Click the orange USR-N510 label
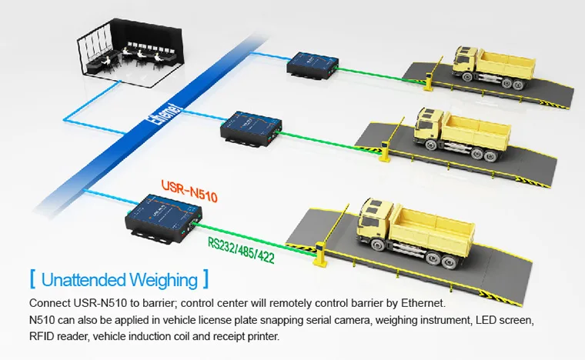pos(189,192)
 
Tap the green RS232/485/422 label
pos(241,250)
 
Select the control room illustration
pos(130,52)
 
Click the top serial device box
pos(313,65)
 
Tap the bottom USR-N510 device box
pos(163,218)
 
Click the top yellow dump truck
pos(493,67)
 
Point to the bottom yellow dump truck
pos(415,233)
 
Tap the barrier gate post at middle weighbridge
pos(385,152)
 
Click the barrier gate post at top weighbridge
pos(429,82)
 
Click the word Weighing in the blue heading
pos(163,280)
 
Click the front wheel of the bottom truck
pos(378,246)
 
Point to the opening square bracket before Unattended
pos(32,279)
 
